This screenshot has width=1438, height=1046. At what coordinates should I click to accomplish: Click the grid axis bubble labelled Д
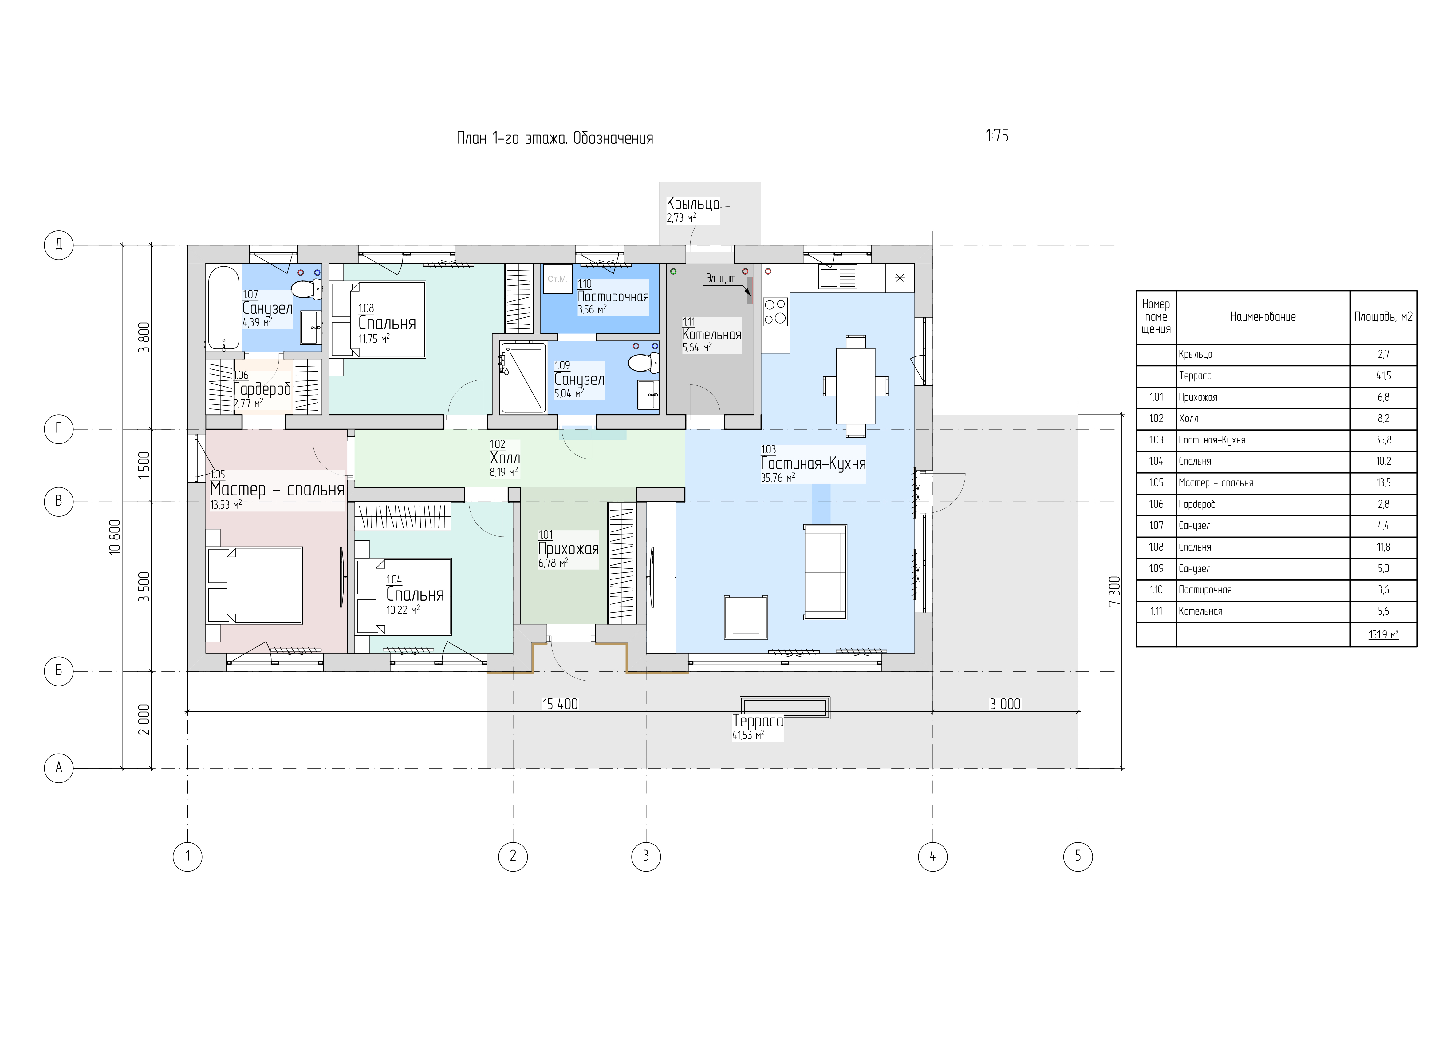[x=58, y=245]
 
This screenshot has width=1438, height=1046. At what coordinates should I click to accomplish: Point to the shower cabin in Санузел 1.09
[x=523, y=377]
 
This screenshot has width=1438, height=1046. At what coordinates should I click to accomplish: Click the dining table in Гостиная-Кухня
[x=855, y=386]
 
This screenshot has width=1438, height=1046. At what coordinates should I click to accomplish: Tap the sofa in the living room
[x=825, y=571]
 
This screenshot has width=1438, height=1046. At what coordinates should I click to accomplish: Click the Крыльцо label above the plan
[x=693, y=204]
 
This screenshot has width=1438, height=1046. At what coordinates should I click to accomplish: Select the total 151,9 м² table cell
[x=1384, y=634]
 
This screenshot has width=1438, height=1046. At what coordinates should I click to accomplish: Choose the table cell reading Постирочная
[x=1205, y=590]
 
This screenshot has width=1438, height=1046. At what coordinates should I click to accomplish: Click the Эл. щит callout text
[x=721, y=278]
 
